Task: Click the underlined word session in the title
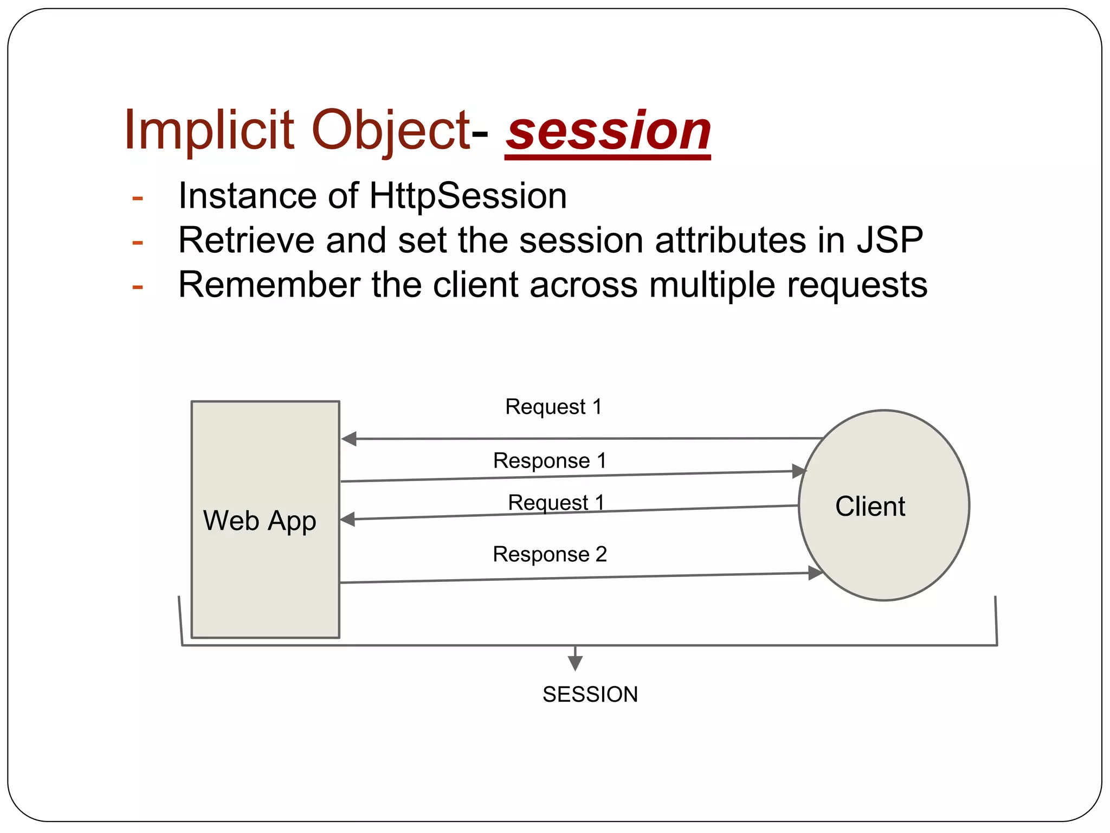coord(608,132)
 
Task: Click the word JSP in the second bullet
coord(889,240)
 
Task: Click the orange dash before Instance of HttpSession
coord(138,198)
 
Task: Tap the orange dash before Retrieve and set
coord(138,242)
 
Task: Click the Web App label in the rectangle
coord(260,521)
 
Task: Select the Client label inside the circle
coord(870,507)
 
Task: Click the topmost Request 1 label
coord(553,407)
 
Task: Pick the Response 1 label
coord(550,461)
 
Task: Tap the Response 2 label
coord(550,554)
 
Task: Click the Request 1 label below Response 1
coord(556,503)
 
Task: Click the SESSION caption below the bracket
coord(590,695)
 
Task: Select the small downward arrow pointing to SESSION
coord(575,662)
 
